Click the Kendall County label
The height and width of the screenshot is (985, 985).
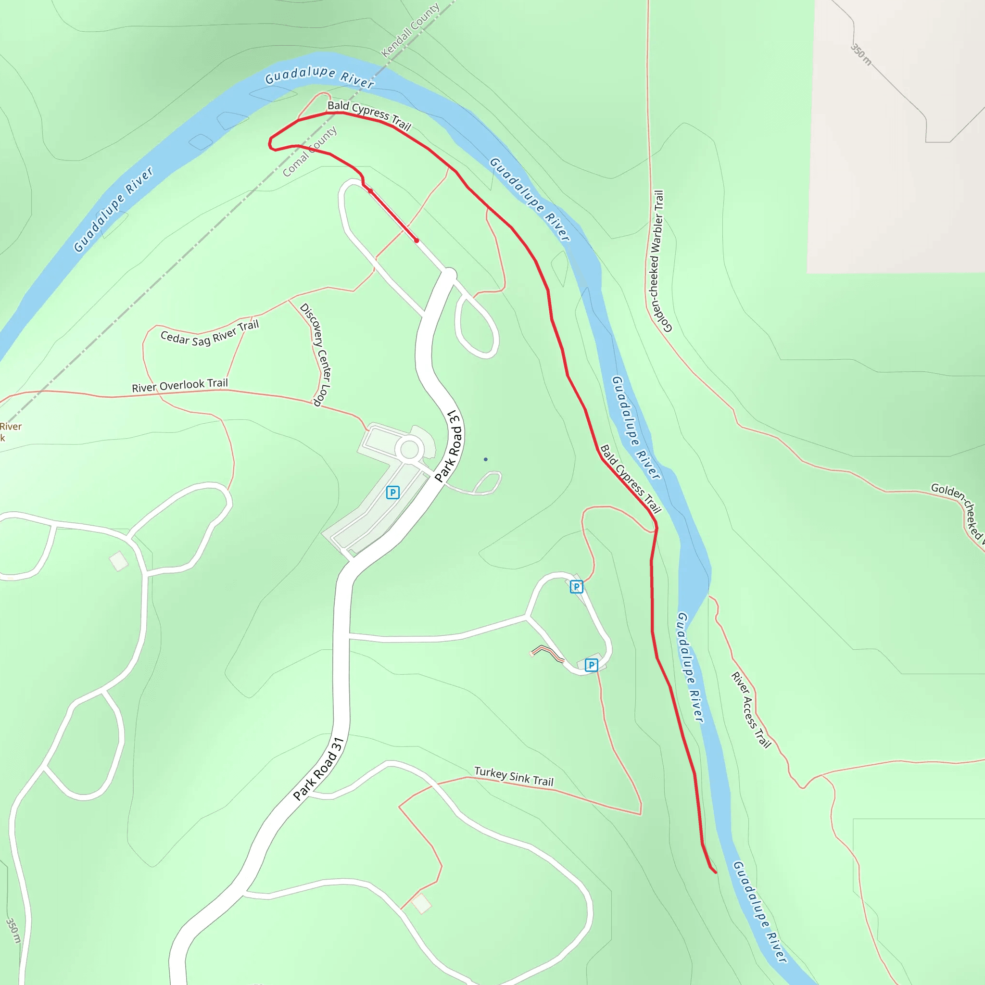(410, 31)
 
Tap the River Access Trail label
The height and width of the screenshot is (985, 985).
(750, 710)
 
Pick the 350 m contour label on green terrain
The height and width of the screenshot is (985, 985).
(13, 931)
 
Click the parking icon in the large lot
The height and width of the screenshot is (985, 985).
(392, 492)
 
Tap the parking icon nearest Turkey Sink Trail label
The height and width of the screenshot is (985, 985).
(592, 665)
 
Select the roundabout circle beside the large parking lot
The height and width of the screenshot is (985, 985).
(409, 450)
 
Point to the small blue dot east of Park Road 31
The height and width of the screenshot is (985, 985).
(485, 459)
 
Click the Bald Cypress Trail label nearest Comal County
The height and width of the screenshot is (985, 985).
(369, 115)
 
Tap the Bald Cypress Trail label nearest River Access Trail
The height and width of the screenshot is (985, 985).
(630, 479)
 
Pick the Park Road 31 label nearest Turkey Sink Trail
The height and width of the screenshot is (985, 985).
(319, 770)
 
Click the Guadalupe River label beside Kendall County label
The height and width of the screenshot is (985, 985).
(320, 76)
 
